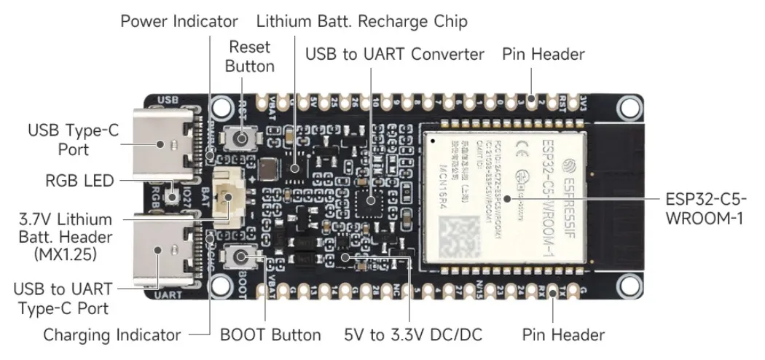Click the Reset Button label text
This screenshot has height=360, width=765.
tap(249, 57)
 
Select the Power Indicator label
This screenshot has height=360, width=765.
tap(178, 21)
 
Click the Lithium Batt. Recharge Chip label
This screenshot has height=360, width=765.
tap(361, 21)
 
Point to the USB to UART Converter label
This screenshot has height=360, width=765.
tap(394, 55)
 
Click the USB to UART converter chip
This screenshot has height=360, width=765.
tap(372, 198)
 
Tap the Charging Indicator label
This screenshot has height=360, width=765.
tap(111, 335)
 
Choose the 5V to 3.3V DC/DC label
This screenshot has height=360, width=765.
tap(412, 335)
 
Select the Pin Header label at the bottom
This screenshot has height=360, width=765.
tap(563, 335)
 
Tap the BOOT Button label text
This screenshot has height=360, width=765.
tap(270, 335)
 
